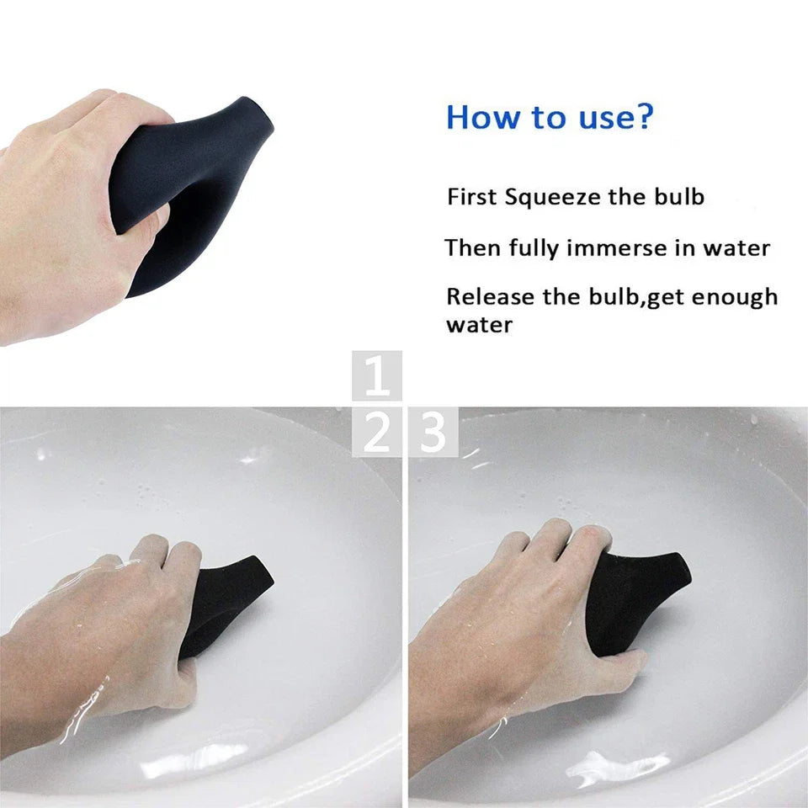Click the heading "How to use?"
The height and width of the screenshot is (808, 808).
pyautogui.click(x=549, y=117)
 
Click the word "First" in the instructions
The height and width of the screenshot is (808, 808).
pyautogui.click(x=472, y=198)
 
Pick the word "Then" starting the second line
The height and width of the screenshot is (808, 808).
pyautogui.click(x=473, y=248)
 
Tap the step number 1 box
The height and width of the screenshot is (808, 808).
pyautogui.click(x=376, y=375)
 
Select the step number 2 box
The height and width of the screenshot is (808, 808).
pyautogui.click(x=376, y=432)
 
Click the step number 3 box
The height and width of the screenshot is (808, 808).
pyautogui.click(x=433, y=432)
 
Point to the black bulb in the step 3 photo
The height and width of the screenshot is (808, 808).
pyautogui.click(x=635, y=598)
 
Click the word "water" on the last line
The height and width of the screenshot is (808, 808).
pyautogui.click(x=479, y=325)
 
